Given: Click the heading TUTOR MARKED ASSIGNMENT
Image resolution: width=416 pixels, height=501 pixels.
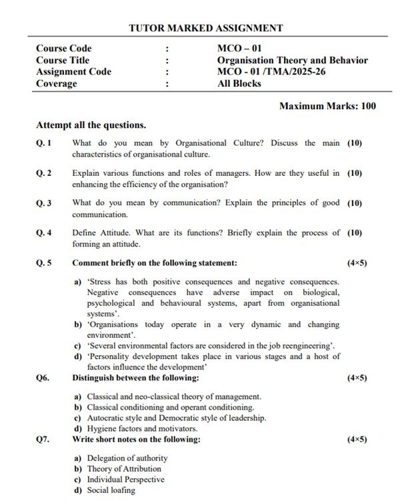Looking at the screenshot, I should [x=205, y=28].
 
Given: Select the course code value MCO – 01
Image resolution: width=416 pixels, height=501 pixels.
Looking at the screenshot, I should [x=243, y=49].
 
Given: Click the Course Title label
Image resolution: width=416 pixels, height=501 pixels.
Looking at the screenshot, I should [x=63, y=60].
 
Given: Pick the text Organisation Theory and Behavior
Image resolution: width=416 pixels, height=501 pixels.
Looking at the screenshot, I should [x=292, y=60].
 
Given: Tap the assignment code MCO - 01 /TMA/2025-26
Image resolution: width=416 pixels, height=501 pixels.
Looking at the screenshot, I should [x=271, y=72].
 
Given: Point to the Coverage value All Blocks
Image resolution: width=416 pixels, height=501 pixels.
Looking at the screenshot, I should [x=239, y=84].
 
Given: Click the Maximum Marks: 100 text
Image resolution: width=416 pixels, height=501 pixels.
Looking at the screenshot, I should [x=327, y=106].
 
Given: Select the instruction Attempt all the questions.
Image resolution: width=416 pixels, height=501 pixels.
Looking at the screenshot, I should [x=91, y=125].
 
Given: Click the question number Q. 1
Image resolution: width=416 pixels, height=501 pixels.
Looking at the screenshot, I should [x=44, y=143].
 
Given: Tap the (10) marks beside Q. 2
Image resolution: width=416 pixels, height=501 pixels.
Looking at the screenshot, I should [x=355, y=173].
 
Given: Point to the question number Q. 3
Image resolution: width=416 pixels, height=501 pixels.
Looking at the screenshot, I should [x=44, y=203].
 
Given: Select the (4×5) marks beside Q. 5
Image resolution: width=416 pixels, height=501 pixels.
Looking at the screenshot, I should [x=357, y=263].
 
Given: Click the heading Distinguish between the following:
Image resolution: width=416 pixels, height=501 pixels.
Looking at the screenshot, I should [x=135, y=378].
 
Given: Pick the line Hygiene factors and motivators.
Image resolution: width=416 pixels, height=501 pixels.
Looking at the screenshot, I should [x=142, y=428].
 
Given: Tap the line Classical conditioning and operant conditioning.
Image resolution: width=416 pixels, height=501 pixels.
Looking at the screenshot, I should [x=170, y=407].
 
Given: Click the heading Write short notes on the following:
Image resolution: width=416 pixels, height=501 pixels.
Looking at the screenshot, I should [x=136, y=440].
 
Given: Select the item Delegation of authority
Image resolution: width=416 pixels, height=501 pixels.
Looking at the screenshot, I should [x=127, y=458].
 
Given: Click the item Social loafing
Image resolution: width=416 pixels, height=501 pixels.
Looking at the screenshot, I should [x=111, y=490].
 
